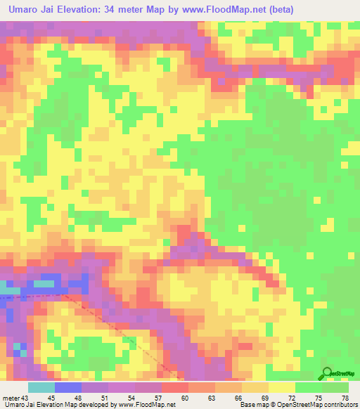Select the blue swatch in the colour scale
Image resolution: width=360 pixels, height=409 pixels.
[67, 387]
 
